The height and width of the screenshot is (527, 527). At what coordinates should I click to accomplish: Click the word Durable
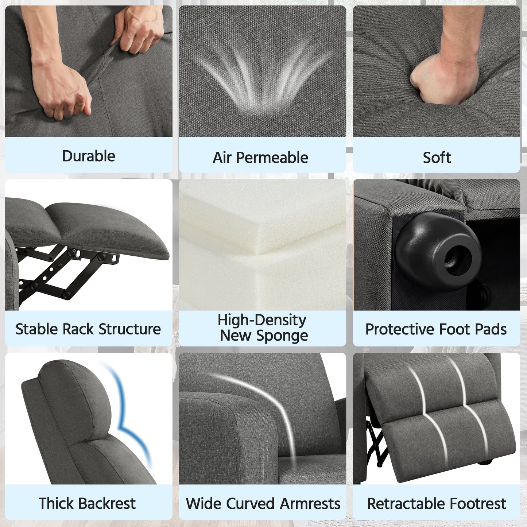tap(89, 156)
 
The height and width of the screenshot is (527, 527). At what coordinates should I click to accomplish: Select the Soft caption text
tap(437, 158)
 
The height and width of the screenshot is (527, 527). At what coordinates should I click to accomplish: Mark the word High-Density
tap(262, 320)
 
